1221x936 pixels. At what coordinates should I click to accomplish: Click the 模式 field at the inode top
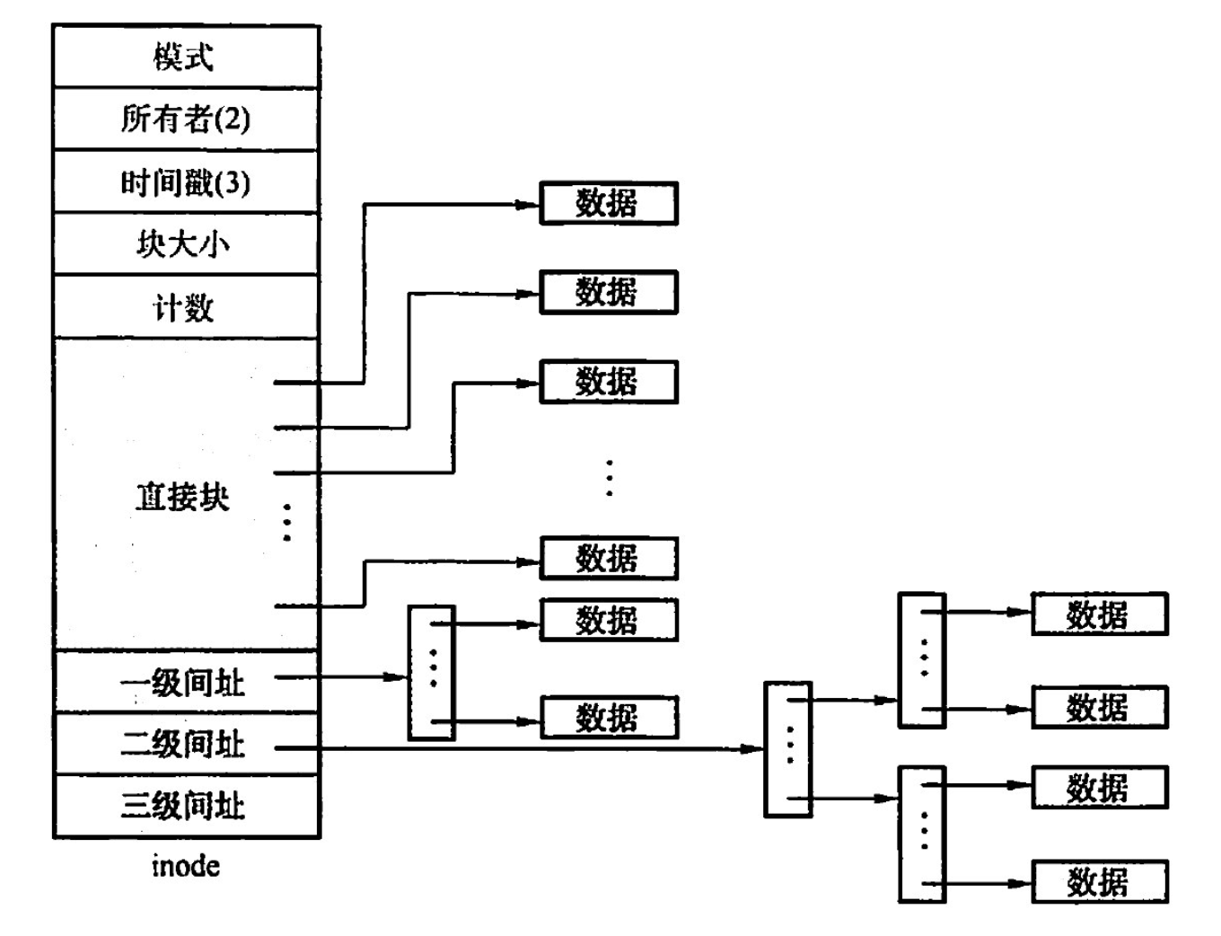185,57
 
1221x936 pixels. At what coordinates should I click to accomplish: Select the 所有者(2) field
185,119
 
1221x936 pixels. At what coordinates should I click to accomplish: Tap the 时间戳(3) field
185,182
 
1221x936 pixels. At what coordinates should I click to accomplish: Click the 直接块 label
182,497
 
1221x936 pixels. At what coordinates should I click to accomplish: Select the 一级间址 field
183,683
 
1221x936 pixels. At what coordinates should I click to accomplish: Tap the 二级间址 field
183,744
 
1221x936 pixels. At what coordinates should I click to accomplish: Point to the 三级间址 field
183,806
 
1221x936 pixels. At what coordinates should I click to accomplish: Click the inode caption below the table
185,866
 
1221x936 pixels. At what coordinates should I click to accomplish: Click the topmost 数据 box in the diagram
608,204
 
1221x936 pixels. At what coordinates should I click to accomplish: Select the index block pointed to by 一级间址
432,673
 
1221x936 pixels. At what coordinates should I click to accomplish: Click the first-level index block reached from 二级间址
787,749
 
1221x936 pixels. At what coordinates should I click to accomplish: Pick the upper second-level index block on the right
922,660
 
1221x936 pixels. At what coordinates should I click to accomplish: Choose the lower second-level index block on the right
922,834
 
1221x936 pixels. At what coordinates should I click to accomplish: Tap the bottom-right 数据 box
1099,882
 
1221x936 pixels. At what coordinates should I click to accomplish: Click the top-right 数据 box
1099,614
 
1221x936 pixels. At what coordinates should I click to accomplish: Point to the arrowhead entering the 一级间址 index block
399,676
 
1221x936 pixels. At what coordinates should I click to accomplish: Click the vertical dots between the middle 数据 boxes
610,478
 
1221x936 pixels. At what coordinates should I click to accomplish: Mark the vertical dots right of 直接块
287,522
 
